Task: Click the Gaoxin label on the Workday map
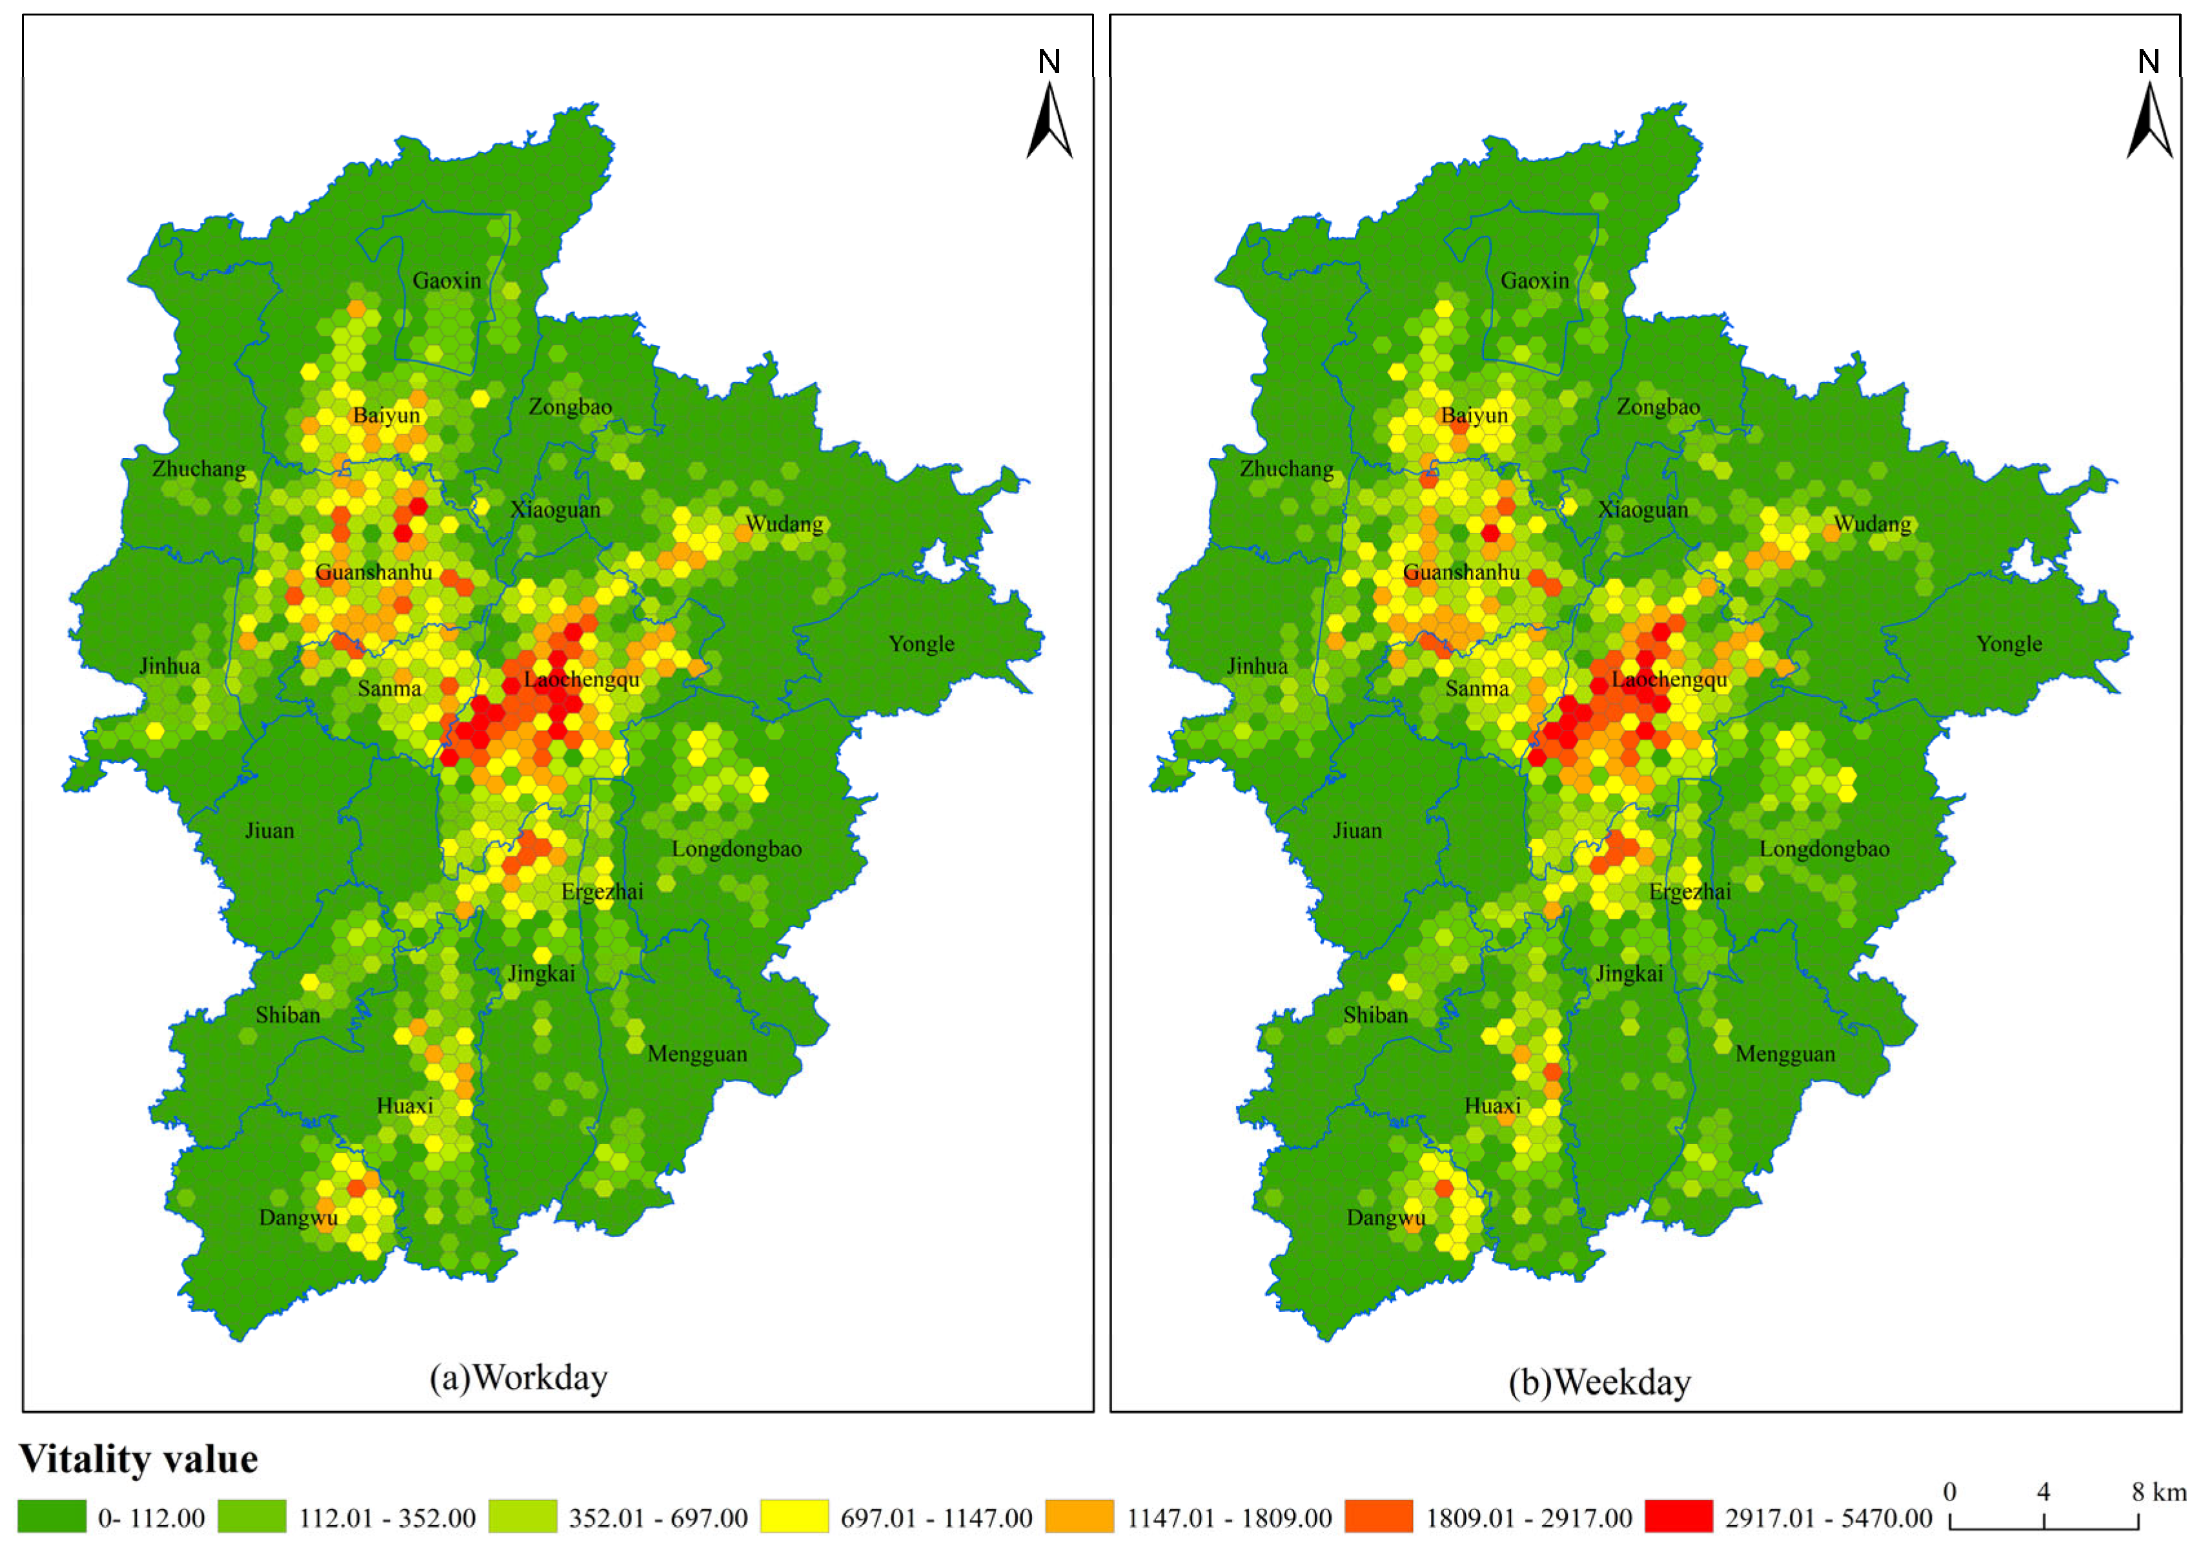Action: pyautogui.click(x=447, y=281)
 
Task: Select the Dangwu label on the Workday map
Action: pyautogui.click(x=298, y=1218)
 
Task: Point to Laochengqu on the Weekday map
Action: pyautogui.click(x=1669, y=679)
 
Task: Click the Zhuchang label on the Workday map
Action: pyautogui.click(x=198, y=469)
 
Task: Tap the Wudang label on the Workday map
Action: pyautogui.click(x=784, y=524)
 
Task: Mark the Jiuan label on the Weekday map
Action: pyautogui.click(x=1357, y=831)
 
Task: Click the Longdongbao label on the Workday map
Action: pyautogui.click(x=736, y=849)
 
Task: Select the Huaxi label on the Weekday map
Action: pyautogui.click(x=1492, y=1106)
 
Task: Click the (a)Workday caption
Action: pyautogui.click(x=518, y=1378)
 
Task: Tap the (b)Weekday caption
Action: pyautogui.click(x=1599, y=1382)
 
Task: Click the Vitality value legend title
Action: pyautogui.click(x=139, y=1459)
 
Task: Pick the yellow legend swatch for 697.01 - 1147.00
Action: pyautogui.click(x=794, y=1516)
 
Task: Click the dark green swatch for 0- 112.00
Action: pyautogui.click(x=52, y=1516)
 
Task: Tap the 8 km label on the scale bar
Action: pyautogui.click(x=2159, y=1492)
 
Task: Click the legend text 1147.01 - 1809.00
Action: pyautogui.click(x=1229, y=1518)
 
